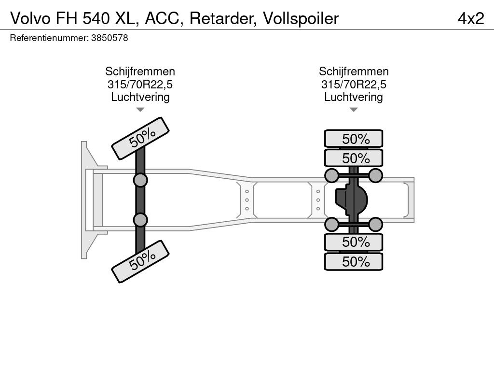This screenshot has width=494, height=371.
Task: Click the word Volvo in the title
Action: click(30, 18)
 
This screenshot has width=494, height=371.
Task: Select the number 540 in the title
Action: click(96, 18)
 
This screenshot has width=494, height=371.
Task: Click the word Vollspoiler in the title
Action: click(301, 18)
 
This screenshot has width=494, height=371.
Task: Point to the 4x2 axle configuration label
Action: click(471, 18)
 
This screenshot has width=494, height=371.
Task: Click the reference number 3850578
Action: click(110, 38)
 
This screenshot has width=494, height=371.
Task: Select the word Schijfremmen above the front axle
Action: click(140, 71)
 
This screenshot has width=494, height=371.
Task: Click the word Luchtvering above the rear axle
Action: click(354, 97)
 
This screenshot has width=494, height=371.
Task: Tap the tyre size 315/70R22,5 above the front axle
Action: click(140, 84)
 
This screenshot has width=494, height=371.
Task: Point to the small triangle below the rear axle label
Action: click(354, 110)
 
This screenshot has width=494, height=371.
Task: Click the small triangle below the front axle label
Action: click(140, 110)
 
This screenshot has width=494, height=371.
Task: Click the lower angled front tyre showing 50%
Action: click(140, 261)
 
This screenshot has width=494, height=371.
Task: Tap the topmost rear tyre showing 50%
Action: click(354, 139)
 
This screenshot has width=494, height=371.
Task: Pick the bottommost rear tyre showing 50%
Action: click(354, 261)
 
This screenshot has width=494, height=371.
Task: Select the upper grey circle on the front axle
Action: click(140, 181)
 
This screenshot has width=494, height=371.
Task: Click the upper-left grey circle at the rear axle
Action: click(331, 175)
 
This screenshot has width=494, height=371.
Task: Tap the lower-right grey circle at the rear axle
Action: click(375, 224)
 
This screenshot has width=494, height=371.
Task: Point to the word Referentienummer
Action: click(49, 38)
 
